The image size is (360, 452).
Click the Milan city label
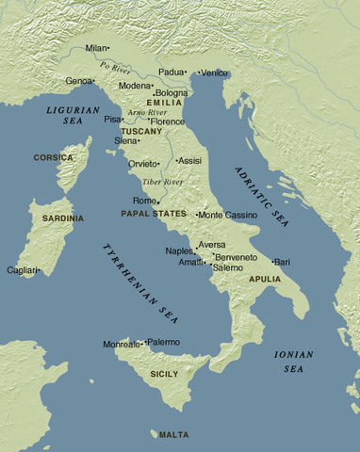tap(96, 47)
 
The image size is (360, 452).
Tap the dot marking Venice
tap(200, 73)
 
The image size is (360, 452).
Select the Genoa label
tap(78, 81)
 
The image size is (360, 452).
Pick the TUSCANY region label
tap(141, 131)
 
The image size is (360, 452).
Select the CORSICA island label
tap(53, 157)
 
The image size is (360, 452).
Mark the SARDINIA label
tap(63, 218)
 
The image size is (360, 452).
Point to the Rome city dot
tap(158, 202)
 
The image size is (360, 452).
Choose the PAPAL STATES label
tap(154, 214)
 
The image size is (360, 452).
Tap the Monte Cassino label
tap(229, 215)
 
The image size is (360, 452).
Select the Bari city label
tap(283, 261)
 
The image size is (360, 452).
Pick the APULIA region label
tap(265, 280)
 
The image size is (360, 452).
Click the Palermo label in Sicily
tap(163, 342)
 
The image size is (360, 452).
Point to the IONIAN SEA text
tap(288, 362)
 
